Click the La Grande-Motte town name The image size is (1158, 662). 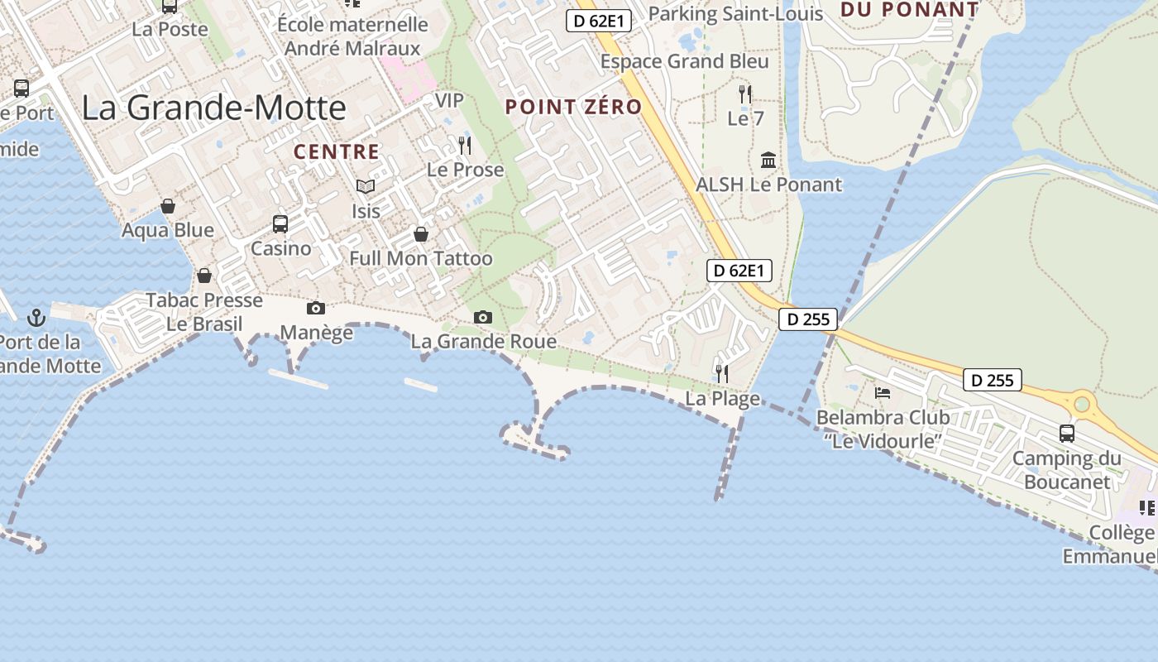point(213,108)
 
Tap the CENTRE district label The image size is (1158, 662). point(336,152)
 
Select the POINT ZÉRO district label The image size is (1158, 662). point(573,107)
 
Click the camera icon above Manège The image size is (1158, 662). point(316,308)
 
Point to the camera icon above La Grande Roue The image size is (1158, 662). point(483,317)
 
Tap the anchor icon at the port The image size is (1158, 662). point(36,317)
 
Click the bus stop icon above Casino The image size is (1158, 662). point(280,223)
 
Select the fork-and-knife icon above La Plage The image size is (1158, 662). point(722,373)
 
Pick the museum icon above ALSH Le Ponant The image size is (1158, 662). point(768,160)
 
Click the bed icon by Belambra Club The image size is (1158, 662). point(883,392)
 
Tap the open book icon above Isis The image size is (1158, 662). point(366,186)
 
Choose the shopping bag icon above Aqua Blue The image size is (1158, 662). point(168,205)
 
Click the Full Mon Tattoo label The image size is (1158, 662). point(420,258)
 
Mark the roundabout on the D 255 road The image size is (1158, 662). point(1082,404)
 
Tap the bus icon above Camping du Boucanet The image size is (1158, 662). point(1067,433)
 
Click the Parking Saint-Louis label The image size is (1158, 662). point(735,14)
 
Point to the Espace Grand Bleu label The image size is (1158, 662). point(684,61)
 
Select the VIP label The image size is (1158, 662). point(449,100)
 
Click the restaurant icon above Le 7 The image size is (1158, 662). point(745,94)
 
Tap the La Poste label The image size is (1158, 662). point(170,29)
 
